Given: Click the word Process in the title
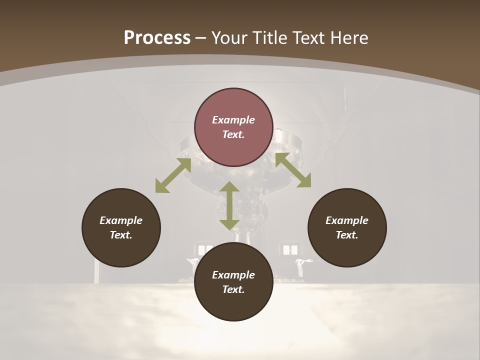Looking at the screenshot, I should click(x=157, y=38).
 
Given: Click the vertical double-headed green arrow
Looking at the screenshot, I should click(x=229, y=205).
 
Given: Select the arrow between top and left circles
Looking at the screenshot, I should click(x=173, y=175).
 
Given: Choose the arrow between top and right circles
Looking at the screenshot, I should click(x=293, y=170).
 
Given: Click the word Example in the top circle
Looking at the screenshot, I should click(x=233, y=120).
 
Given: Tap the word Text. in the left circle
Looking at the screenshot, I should click(x=121, y=235).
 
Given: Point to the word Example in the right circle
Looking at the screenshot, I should click(x=347, y=220).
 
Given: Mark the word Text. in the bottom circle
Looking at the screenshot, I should click(x=233, y=289).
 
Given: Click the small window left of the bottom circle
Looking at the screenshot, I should click(x=205, y=249).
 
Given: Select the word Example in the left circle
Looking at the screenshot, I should click(x=121, y=220).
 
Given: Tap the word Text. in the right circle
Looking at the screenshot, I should click(x=347, y=235).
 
